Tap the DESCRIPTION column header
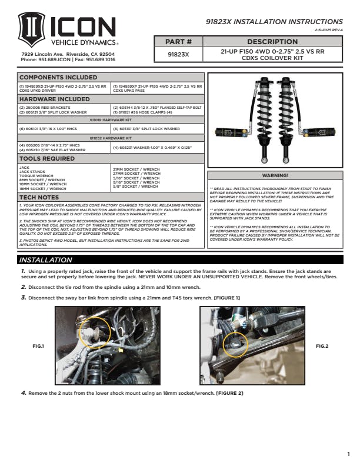tap(272, 42)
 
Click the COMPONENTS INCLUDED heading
tap(58, 77)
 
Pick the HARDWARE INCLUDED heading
tap(55, 99)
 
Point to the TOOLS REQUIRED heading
tap(47, 159)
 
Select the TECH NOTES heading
tap(40, 197)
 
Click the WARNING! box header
tap(275, 175)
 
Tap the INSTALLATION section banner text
tap(45, 259)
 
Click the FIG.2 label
tap(322, 346)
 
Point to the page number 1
tap(348, 453)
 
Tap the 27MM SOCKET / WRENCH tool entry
tap(136, 174)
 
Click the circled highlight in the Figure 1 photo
tap(89, 336)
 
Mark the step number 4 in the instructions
tap(23, 392)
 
